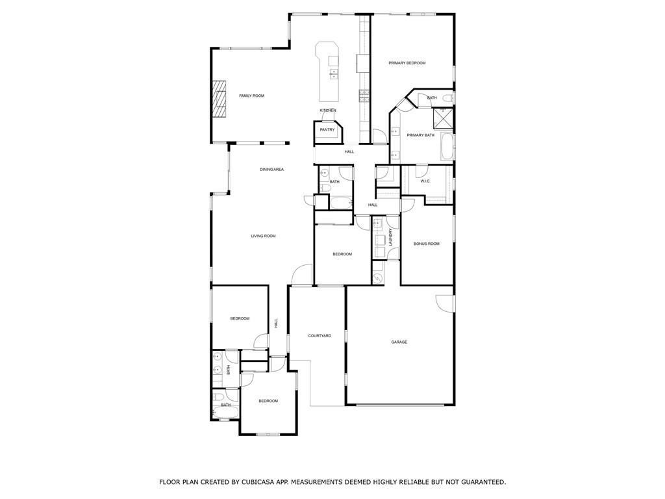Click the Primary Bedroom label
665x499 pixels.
click(x=407, y=63)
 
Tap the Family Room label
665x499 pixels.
click(x=251, y=96)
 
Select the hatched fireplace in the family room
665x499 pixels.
click(x=221, y=99)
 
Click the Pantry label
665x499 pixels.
click(x=327, y=130)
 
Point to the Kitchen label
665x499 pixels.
click(x=328, y=110)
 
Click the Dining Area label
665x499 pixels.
click(x=271, y=170)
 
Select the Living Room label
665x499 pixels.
click(x=264, y=236)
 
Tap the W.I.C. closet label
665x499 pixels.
click(x=425, y=181)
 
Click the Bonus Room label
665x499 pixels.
click(x=427, y=244)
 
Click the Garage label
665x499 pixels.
click(x=399, y=342)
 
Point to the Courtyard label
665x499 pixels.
click(x=320, y=336)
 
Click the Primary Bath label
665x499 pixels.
click(x=421, y=135)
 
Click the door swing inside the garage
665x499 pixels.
click(x=445, y=303)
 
